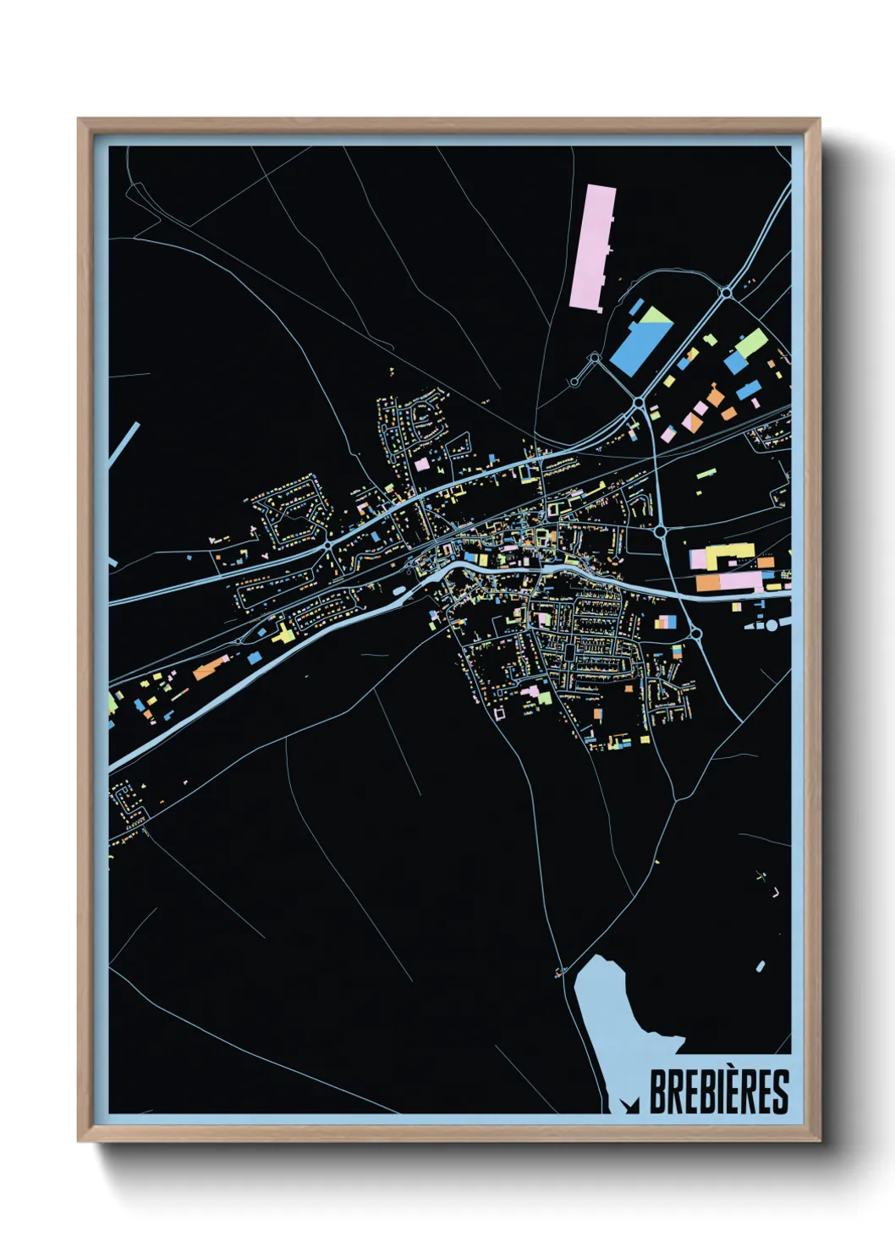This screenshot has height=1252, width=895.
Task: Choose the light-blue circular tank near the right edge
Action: click(771, 624)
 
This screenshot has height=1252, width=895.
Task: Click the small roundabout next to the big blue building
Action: click(595, 358)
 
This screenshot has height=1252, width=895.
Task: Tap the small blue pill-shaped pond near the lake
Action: click(760, 966)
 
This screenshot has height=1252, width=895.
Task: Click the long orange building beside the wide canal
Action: click(210, 667)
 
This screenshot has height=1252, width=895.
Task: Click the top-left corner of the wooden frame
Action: click(80, 120)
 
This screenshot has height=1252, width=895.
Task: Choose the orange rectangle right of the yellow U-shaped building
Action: click(765, 562)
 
